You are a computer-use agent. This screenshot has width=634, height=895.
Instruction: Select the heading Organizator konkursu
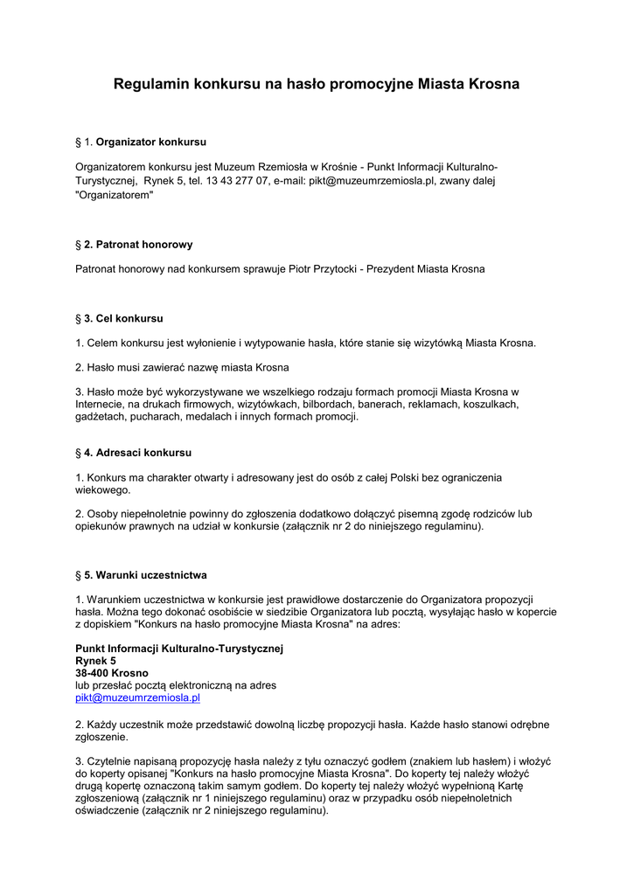click(x=150, y=142)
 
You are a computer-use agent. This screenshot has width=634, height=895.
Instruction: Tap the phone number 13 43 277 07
click(x=237, y=181)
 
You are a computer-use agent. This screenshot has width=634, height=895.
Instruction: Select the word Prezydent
click(x=387, y=269)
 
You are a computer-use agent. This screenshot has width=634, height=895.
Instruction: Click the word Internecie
click(x=99, y=405)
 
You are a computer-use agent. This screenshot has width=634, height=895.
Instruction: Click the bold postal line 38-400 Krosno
click(x=112, y=673)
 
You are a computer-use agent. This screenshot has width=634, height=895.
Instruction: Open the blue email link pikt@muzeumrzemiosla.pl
click(x=137, y=698)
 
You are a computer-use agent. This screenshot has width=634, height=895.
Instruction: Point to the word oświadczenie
click(x=107, y=810)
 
